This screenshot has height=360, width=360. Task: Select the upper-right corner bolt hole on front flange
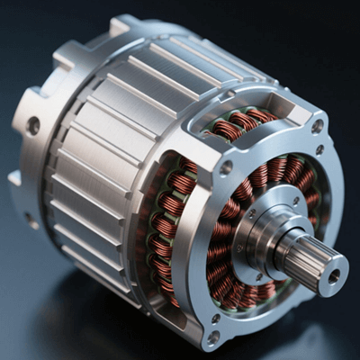coord(317,126)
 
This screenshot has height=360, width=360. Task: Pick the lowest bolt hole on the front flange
coord(213,337)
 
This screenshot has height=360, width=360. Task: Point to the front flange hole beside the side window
coord(226,167)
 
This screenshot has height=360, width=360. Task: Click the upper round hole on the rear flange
coord(33,125)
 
